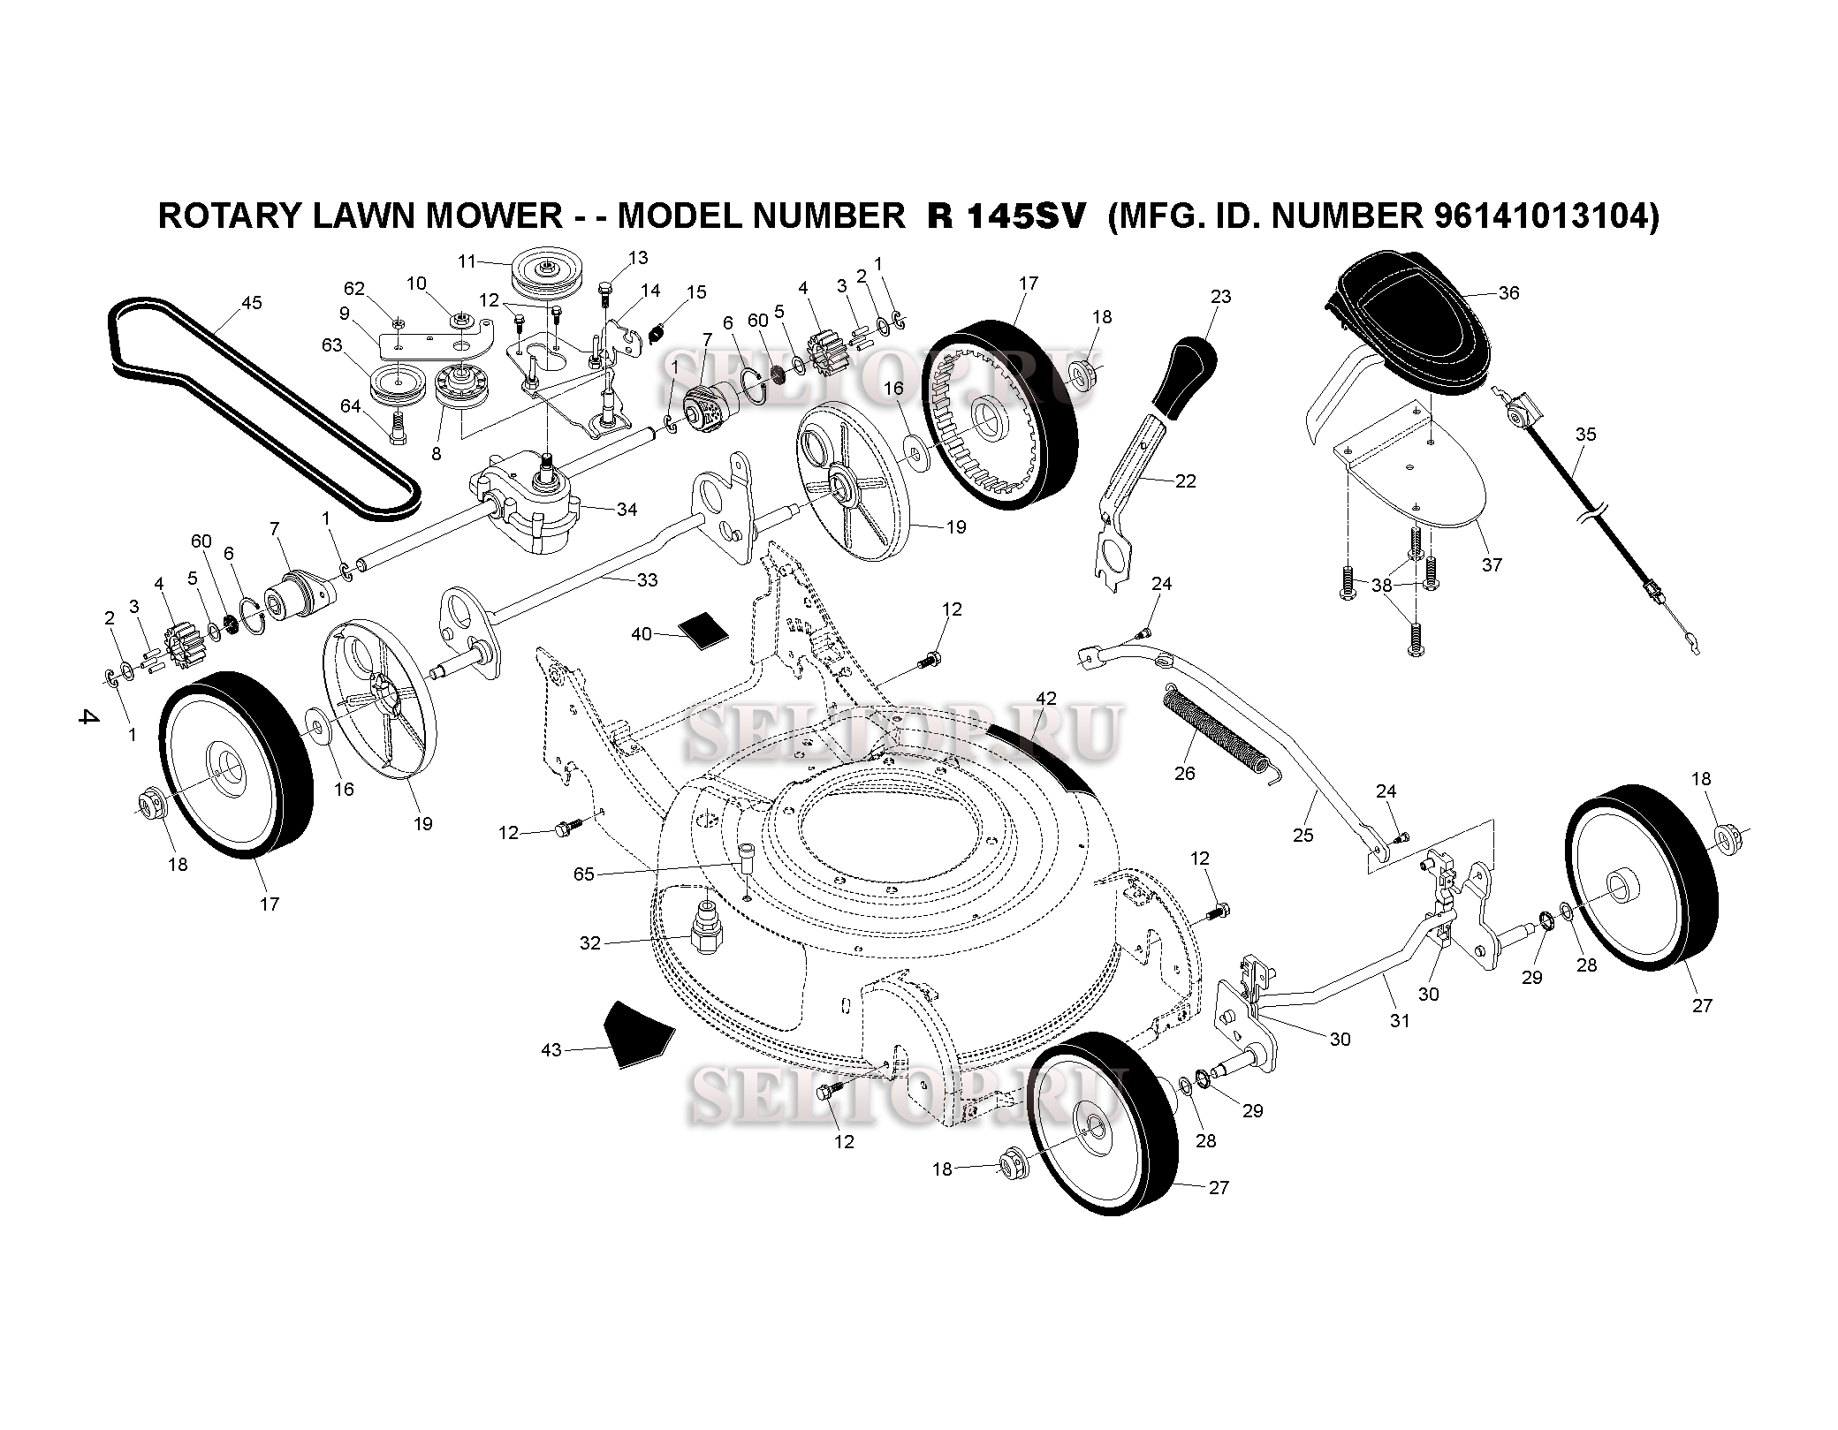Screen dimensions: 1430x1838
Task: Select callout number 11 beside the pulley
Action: coord(467,261)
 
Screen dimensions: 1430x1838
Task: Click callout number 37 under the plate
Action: coord(1492,564)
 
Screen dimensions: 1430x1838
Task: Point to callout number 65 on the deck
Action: coord(584,874)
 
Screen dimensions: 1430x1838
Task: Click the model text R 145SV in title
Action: coord(1005,216)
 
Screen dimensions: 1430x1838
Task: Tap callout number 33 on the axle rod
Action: coord(647,580)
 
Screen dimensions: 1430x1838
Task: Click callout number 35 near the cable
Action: coord(1586,435)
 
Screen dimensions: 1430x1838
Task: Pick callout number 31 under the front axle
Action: coord(1399,1020)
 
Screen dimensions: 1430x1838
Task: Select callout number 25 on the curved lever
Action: coord(1303,835)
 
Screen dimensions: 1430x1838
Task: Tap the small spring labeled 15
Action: coord(657,334)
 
